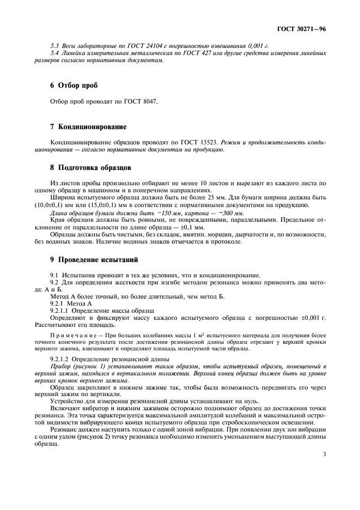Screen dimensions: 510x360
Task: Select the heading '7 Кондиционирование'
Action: [88, 126]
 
